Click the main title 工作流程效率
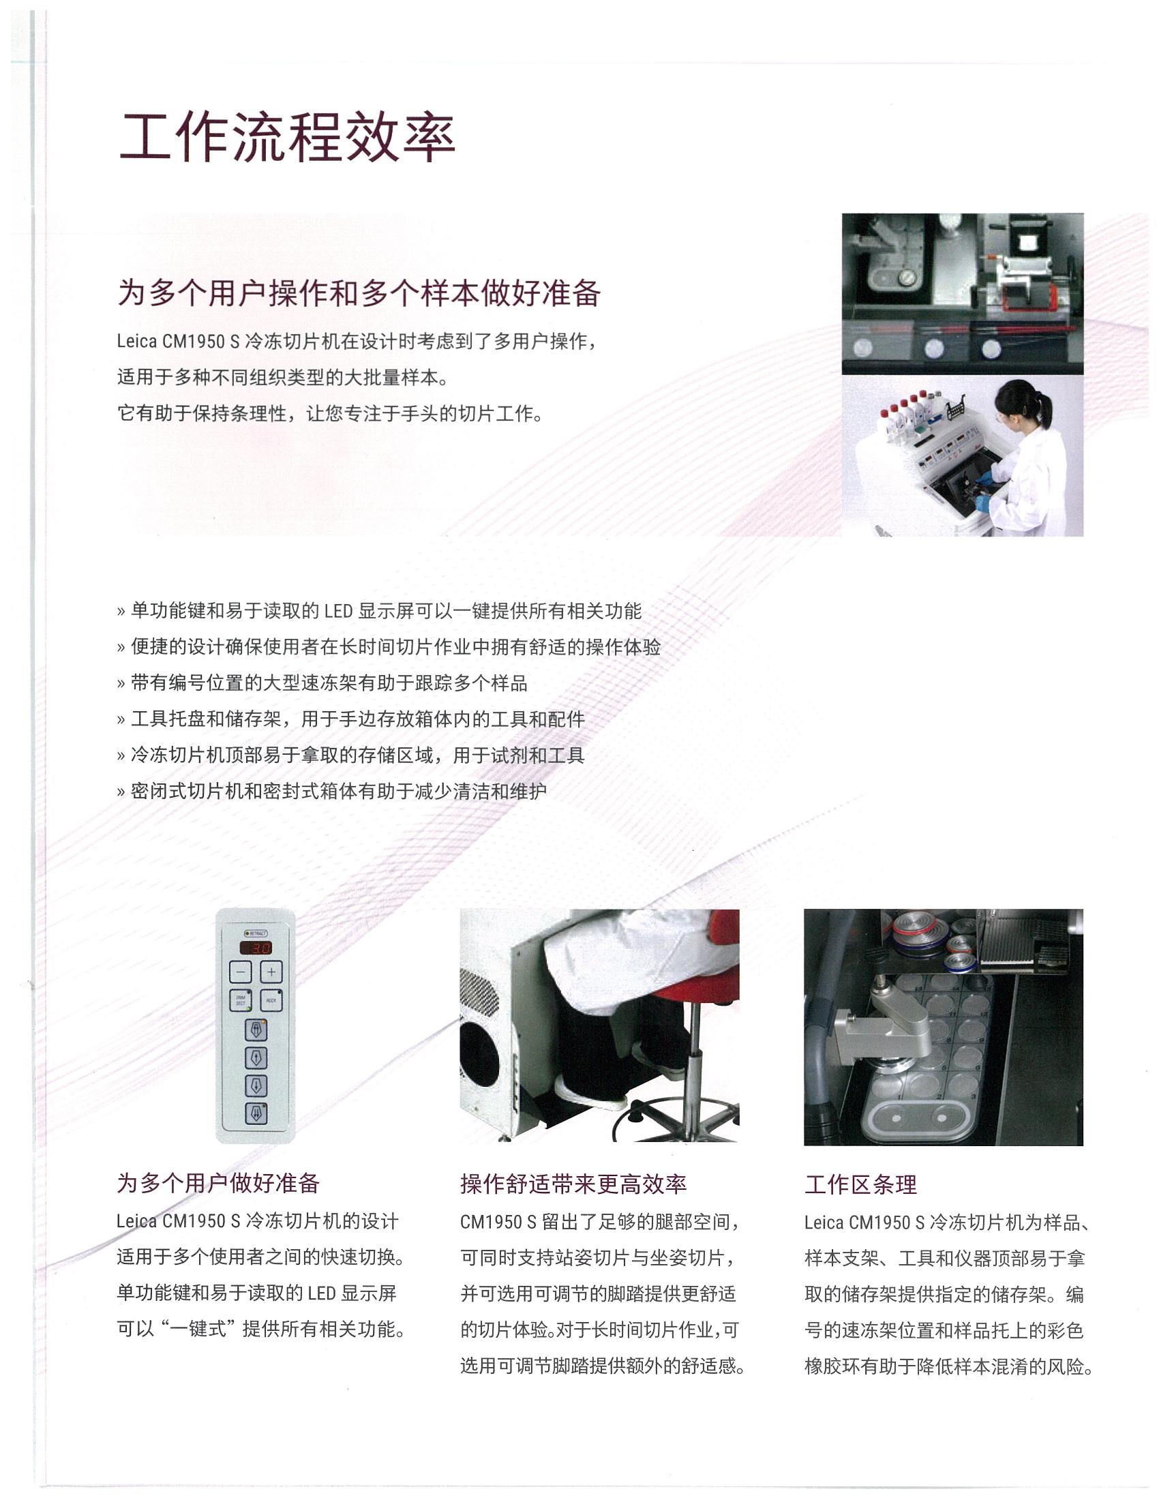(x=287, y=137)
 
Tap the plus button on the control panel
(x=272, y=972)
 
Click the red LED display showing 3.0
(x=256, y=948)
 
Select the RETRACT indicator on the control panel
(x=256, y=933)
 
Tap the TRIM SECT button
(x=240, y=1000)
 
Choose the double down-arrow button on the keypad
(x=256, y=1113)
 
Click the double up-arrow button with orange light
(x=256, y=1030)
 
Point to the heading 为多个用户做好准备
(x=218, y=1184)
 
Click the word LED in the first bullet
(x=339, y=611)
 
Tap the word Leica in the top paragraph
(x=137, y=342)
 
